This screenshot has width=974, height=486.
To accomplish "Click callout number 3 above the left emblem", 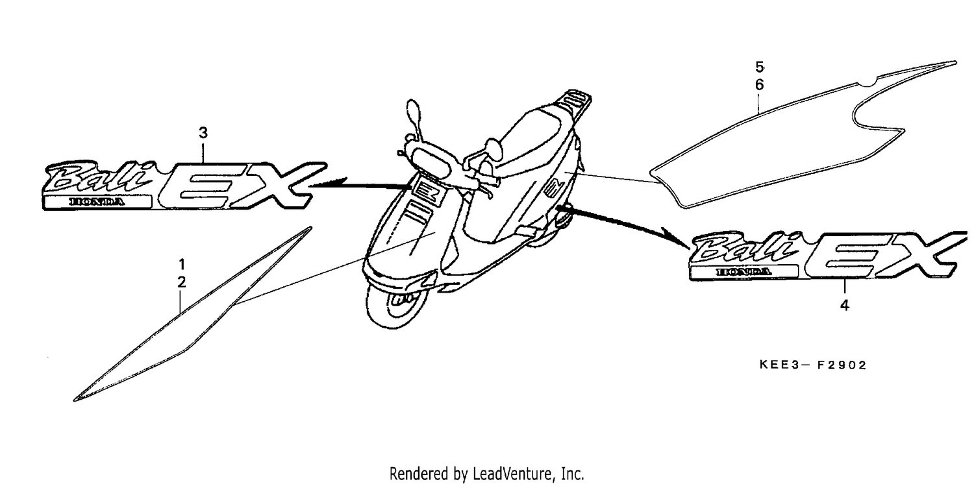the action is point(203,133).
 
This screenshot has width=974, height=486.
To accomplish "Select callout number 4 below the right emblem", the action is point(844,306).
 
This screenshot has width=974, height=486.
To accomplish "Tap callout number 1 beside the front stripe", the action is point(182,264).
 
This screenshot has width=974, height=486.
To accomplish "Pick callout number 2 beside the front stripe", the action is point(182,282).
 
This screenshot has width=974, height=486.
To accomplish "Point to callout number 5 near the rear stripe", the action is point(759,67).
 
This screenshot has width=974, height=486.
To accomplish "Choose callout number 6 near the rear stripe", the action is point(759,85).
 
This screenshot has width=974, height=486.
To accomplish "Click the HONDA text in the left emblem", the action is point(97,202).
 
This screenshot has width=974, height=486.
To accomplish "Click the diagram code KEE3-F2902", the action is point(813,365).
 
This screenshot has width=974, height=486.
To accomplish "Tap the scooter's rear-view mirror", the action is point(414,115).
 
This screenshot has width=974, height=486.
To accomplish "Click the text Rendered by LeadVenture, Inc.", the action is point(486,474).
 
